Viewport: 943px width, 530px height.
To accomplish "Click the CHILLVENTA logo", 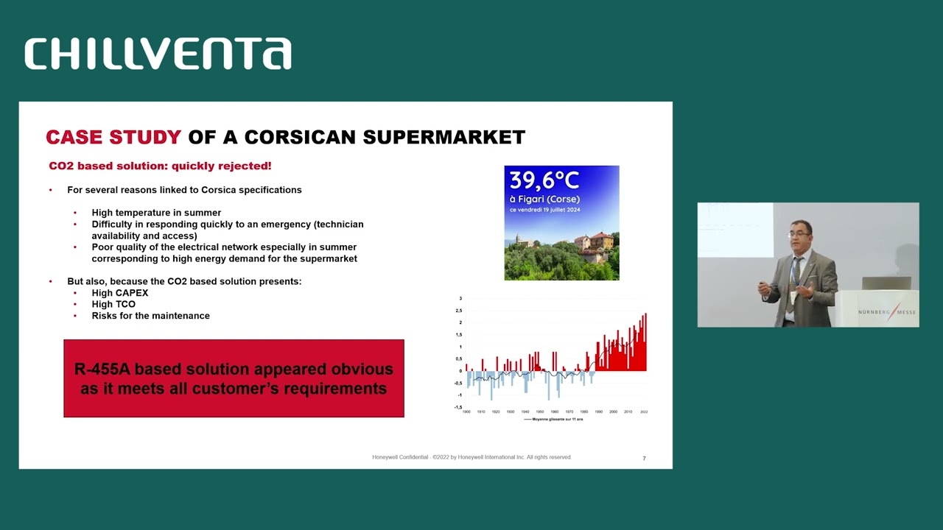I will point(158,54).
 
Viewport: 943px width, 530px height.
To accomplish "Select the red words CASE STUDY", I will point(113,137).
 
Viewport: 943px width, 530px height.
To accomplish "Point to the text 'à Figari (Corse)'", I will point(544,199).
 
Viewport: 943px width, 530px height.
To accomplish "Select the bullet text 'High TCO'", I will point(113,304).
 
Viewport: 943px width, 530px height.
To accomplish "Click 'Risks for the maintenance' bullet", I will point(150,316).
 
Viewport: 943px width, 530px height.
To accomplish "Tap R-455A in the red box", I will point(102,369).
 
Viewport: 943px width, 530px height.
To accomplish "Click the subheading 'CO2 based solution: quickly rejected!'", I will point(160,166).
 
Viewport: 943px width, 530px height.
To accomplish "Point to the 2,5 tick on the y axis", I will point(459,311).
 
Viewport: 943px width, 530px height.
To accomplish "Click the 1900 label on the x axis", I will point(466,412).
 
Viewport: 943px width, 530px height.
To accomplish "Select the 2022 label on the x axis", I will point(644,412).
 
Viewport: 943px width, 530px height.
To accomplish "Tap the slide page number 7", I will point(644,459).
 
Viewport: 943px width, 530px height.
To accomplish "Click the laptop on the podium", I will point(886,283).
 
